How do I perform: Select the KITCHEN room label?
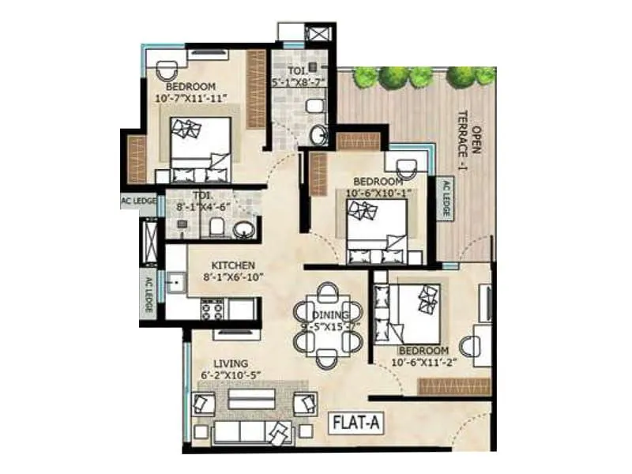[x=232, y=265]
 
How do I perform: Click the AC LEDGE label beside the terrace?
[x=445, y=199]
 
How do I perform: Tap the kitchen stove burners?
[x=212, y=309]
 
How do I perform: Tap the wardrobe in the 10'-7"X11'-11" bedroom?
[x=256, y=89]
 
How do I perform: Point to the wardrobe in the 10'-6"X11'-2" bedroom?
[x=454, y=386]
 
